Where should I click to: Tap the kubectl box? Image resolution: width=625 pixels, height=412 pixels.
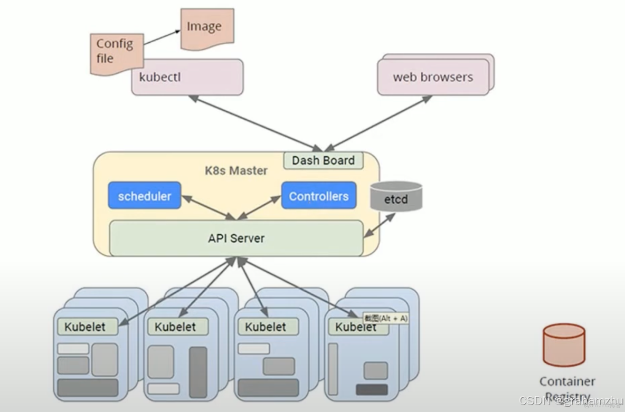187,77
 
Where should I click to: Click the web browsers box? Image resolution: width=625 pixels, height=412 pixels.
433,77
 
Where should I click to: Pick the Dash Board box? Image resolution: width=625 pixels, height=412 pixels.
323,160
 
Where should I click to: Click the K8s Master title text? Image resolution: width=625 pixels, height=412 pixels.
236,171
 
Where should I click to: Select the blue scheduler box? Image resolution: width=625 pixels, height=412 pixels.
145,196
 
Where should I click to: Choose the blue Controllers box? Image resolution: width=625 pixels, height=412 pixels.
319,196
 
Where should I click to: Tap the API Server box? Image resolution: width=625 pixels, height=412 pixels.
236,238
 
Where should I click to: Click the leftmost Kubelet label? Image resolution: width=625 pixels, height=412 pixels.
84,327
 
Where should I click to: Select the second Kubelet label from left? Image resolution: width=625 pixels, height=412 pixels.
175,327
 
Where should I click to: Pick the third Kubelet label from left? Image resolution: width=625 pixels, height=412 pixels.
266,327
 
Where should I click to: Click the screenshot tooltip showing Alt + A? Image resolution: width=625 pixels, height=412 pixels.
385,319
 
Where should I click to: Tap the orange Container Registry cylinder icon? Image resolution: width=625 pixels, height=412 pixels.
564,345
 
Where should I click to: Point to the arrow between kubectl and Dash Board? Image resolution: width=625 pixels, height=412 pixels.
253,122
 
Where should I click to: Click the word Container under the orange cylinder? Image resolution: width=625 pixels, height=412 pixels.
567,381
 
